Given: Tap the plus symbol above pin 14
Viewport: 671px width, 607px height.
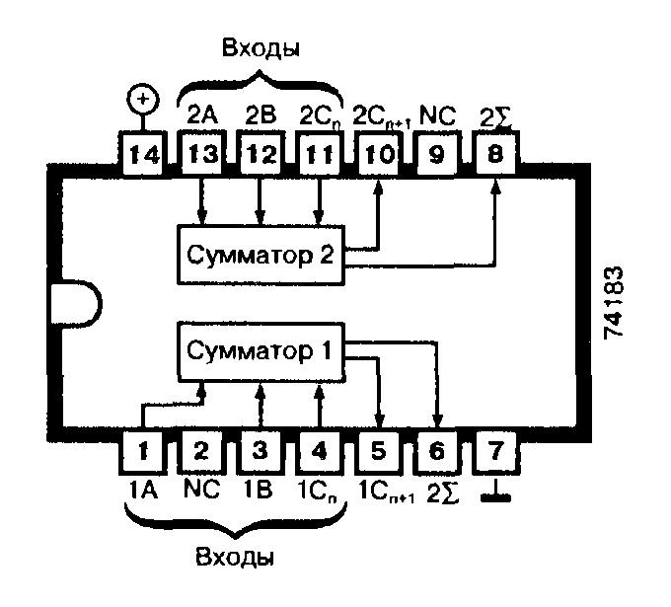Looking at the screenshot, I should (144, 100).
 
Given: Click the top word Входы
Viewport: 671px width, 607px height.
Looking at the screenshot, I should (259, 47).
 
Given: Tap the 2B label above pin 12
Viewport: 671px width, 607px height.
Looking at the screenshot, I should (260, 112).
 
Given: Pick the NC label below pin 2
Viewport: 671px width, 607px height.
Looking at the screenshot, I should (201, 487).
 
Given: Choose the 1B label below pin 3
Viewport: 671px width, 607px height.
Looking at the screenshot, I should (260, 487).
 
